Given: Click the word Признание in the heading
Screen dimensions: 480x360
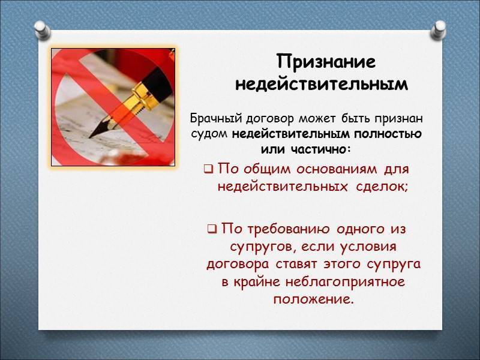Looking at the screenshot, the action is point(326,62).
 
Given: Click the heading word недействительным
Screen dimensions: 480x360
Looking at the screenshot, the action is point(322,84).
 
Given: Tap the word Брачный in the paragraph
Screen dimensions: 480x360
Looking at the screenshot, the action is point(216,118).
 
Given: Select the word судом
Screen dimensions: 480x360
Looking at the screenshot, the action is point(209,134).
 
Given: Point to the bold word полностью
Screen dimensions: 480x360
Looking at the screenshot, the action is point(388,134).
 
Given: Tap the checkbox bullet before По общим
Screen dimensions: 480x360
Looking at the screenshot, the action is point(209,169).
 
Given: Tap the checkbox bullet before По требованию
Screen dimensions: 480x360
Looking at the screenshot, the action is point(212,229).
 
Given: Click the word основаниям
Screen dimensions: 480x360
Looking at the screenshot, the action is point(337,169).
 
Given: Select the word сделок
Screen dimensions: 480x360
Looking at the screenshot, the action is point(382,187).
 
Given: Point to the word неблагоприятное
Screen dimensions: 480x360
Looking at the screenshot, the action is point(346,282).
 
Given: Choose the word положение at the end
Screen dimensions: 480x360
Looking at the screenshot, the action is point(313,299).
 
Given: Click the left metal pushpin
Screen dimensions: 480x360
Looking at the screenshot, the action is point(42,30).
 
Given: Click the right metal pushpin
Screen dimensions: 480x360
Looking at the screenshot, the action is point(439,30).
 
